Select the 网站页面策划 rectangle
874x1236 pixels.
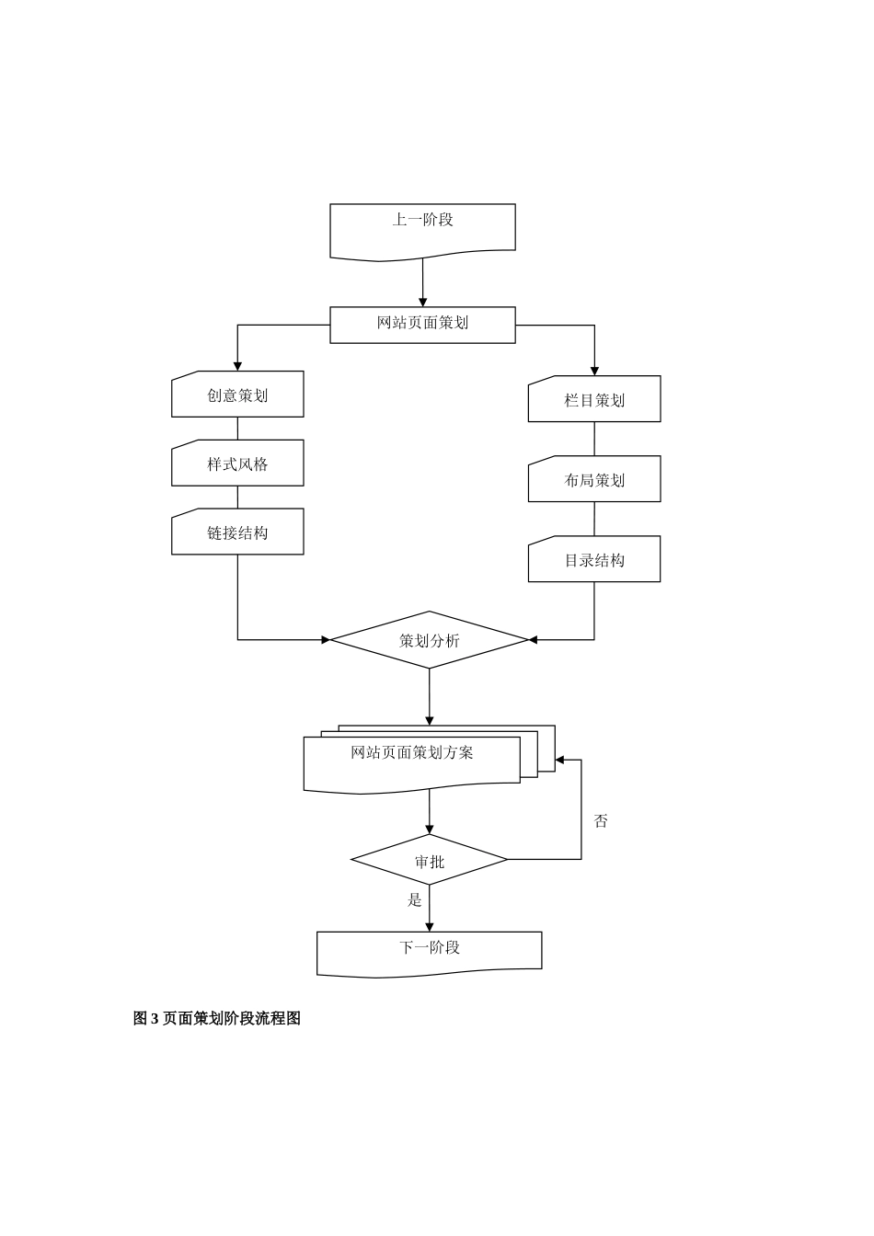click(x=422, y=325)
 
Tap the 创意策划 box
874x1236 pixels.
click(x=237, y=395)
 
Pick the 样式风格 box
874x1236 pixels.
click(x=237, y=463)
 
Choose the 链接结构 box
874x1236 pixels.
click(x=237, y=532)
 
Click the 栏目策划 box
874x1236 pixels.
click(x=594, y=399)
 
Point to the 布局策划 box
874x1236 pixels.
click(x=594, y=479)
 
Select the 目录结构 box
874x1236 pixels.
click(x=594, y=559)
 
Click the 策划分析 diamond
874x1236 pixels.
click(x=430, y=640)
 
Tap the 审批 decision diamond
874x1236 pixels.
click(x=430, y=861)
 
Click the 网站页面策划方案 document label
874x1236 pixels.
click(x=412, y=753)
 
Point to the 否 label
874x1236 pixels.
click(x=601, y=821)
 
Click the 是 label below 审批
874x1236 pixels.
click(x=415, y=900)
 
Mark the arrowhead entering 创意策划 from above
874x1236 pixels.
click(x=237, y=366)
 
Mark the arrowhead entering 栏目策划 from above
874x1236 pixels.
click(x=594, y=371)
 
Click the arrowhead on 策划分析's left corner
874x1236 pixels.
click(x=326, y=640)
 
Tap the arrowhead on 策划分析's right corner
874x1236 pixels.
click(x=533, y=640)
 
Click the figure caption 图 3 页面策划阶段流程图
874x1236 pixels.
click(x=217, y=1018)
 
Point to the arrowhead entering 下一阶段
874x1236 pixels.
click(x=430, y=927)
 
